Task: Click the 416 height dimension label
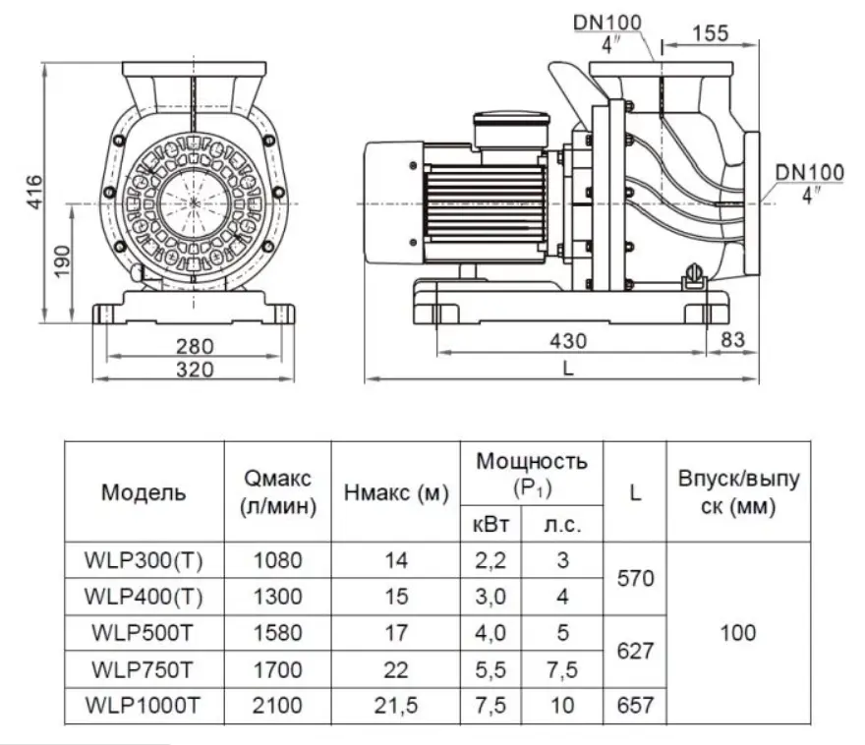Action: pos(34,193)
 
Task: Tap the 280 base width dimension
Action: pos(195,346)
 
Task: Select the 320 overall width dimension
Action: pos(195,370)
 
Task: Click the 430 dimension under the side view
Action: pos(568,341)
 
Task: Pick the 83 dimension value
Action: pos(733,340)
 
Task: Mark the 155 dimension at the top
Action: pos(711,33)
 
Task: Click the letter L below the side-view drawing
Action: pos(568,368)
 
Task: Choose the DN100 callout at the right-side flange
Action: pos(810,173)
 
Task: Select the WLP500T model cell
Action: pos(143,633)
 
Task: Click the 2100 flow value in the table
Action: pos(277,706)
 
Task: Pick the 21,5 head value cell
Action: pos(396,706)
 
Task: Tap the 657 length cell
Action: pos(636,706)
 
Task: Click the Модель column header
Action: pos(144,491)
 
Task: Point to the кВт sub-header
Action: pos(490,525)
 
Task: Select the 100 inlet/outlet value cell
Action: pos(738,633)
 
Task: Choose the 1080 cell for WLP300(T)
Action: pos(277,560)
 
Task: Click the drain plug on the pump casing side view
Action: pos(695,277)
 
